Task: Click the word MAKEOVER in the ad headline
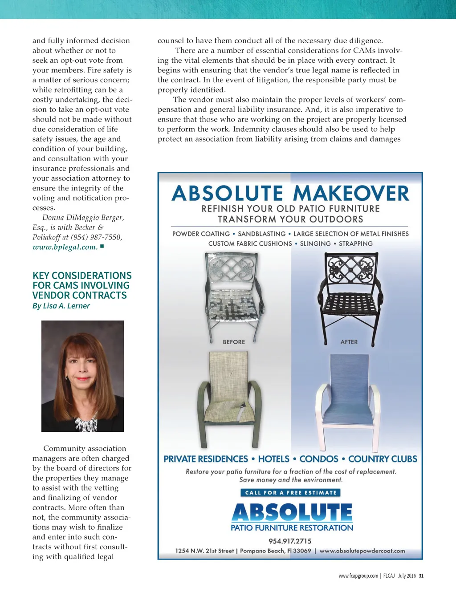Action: [351, 194]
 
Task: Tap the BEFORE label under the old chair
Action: [234, 342]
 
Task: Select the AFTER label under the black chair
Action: [349, 342]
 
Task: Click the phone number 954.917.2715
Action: [290, 541]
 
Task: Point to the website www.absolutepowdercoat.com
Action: [362, 551]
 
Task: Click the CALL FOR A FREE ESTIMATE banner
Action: [291, 493]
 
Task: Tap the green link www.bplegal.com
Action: [65, 247]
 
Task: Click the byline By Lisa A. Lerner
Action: [61, 306]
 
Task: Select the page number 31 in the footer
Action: [421, 576]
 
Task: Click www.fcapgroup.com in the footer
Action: [358, 576]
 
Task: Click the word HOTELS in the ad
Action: [273, 459]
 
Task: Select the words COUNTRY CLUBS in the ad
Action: [383, 459]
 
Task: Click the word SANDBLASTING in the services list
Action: [262, 234]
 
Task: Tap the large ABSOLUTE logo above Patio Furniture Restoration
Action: [292, 512]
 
